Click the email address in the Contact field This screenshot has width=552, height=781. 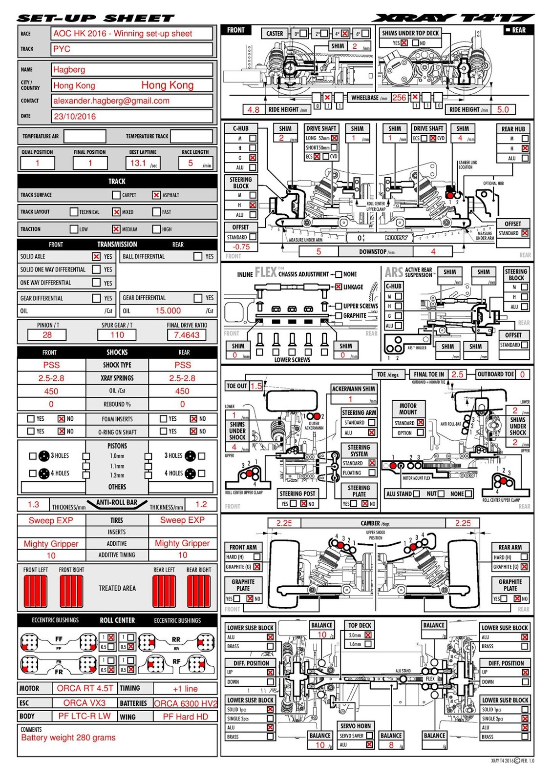click(x=111, y=101)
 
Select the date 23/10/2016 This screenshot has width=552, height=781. click(x=75, y=117)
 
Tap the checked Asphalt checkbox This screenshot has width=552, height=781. click(x=156, y=195)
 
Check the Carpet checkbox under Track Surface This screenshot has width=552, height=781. click(x=116, y=195)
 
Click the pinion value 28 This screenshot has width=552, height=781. click(x=47, y=335)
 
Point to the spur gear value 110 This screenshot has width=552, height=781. click(x=117, y=335)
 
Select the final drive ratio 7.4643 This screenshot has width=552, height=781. click(x=187, y=335)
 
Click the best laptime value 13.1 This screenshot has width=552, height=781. click(x=138, y=163)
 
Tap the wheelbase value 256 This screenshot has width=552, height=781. click(x=399, y=98)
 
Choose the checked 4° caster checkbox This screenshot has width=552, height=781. click(x=345, y=34)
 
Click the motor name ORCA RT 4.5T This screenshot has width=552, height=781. click(x=85, y=688)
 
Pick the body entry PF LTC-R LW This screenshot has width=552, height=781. click(x=85, y=716)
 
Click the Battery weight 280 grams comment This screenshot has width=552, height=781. click(x=68, y=738)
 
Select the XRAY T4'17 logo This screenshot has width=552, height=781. click(x=452, y=18)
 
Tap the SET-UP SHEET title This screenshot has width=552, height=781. click(x=96, y=19)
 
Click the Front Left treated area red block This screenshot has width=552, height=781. click(x=35, y=591)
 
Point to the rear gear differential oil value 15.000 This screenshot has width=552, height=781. click(x=168, y=311)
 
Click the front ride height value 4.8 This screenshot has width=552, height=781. click(x=254, y=110)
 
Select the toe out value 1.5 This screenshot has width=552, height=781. click(x=256, y=386)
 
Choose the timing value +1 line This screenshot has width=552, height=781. click(x=185, y=689)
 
